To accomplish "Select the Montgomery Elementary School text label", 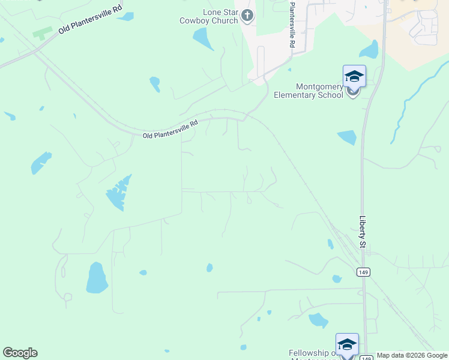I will [x=309, y=91].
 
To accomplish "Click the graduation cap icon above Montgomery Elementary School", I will [x=354, y=76].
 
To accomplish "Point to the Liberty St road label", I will [x=363, y=232].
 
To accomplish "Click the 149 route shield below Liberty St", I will [x=363, y=272].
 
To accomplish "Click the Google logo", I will [x=20, y=353].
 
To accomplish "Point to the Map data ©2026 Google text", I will [x=412, y=356].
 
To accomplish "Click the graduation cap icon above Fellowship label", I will [x=347, y=344].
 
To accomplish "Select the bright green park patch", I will [x=42, y=32].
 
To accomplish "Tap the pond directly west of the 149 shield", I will [x=337, y=279].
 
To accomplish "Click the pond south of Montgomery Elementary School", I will [x=347, y=138].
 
